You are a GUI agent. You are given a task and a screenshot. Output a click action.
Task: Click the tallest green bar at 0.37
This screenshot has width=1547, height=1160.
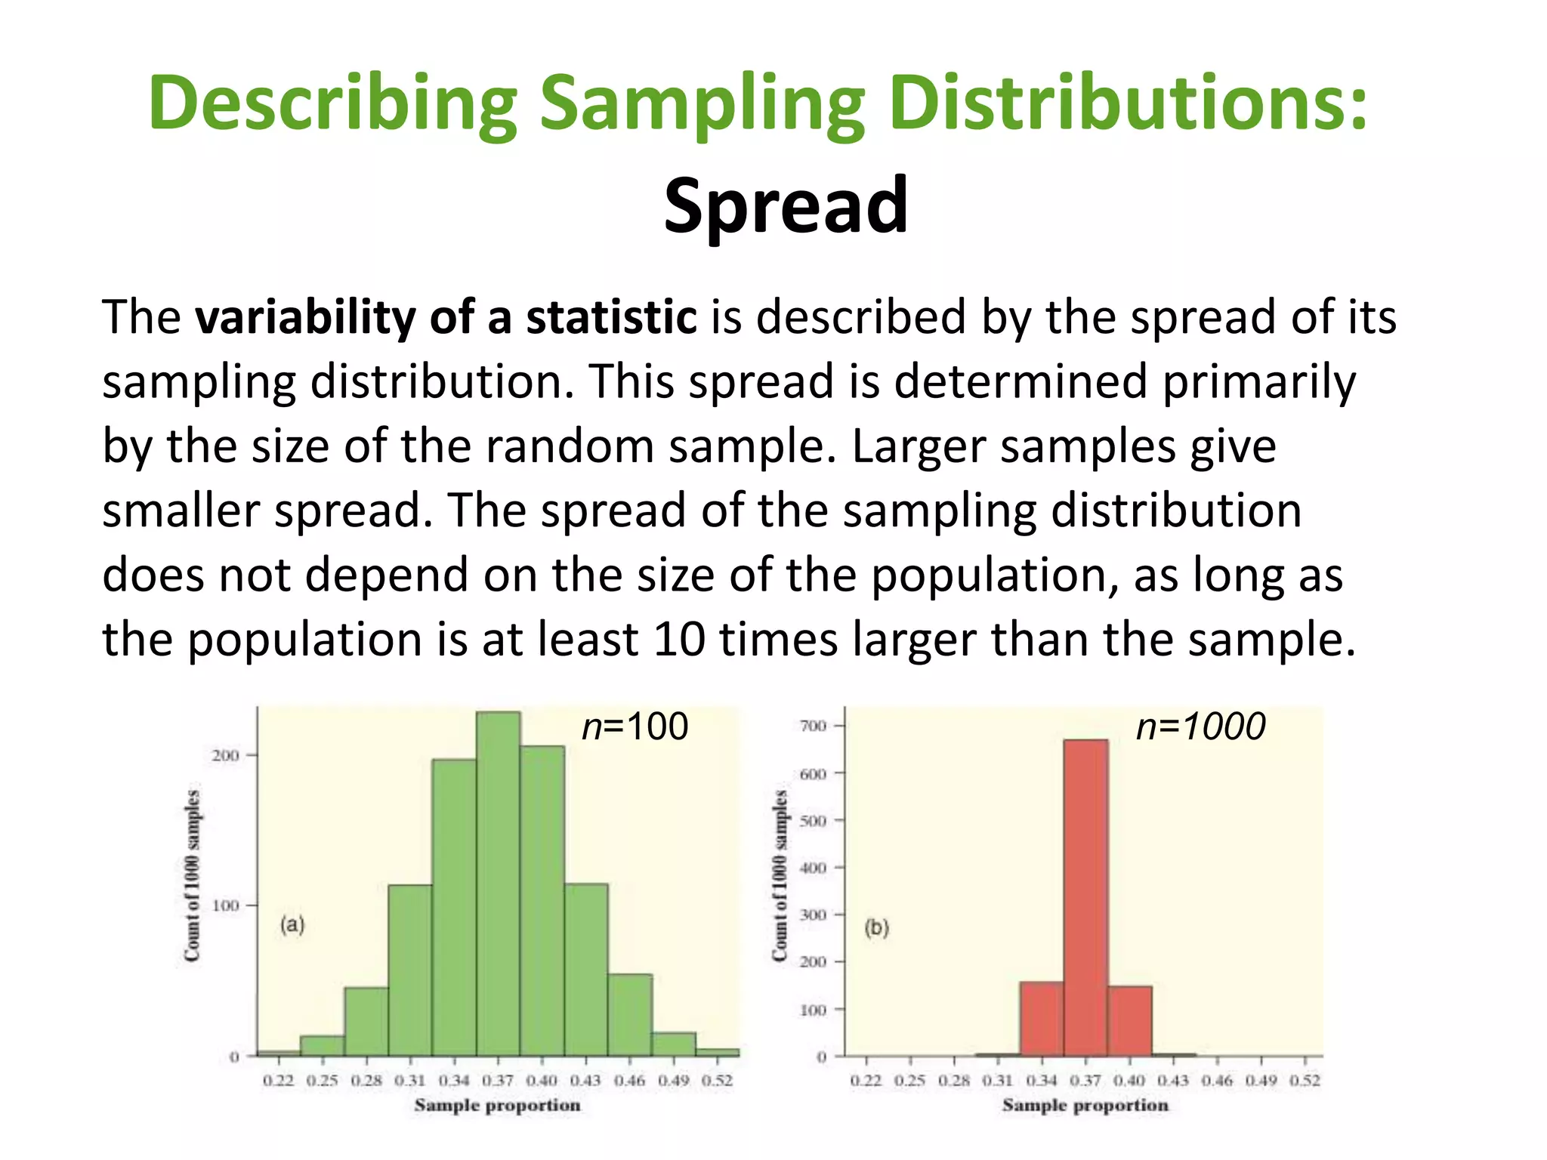498,884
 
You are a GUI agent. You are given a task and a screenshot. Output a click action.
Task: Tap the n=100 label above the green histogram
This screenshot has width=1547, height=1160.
635,727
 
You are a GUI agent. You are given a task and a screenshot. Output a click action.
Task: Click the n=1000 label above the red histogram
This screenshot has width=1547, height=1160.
1200,727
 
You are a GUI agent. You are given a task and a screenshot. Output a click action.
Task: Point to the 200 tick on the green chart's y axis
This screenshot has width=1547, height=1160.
225,755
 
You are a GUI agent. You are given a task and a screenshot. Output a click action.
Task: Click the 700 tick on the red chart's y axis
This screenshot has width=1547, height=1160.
813,726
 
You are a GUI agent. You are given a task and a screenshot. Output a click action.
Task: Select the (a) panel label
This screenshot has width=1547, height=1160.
292,924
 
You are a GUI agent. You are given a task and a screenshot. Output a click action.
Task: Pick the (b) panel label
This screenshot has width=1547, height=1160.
877,927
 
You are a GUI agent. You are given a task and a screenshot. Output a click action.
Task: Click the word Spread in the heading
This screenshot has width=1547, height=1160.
786,205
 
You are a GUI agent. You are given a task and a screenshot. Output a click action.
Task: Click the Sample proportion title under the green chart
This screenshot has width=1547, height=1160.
497,1105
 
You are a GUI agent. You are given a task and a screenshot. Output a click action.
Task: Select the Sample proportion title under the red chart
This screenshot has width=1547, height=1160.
1085,1105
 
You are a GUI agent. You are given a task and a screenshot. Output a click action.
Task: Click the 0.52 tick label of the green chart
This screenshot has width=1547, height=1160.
717,1081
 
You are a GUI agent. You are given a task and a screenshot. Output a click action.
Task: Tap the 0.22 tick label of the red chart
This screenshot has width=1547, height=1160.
866,1081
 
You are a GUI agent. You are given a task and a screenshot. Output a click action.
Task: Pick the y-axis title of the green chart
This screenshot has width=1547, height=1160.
193,876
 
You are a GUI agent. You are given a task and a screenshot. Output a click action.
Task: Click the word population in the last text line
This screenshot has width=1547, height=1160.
304,640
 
